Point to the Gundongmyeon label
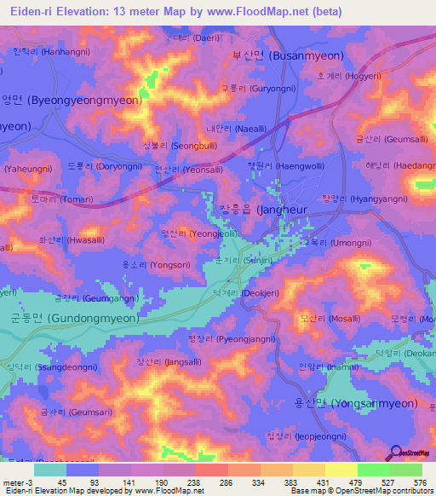pyautogui.click(x=74, y=317)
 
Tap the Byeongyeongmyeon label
pyautogui.click(x=72, y=100)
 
